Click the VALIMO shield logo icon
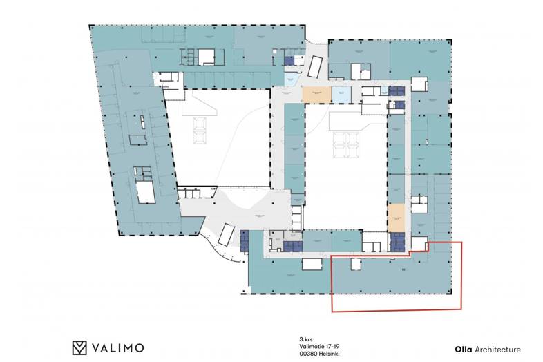tap(80, 347)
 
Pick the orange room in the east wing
tap(395, 218)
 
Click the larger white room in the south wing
tap(312, 263)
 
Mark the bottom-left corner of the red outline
tap(333, 311)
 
